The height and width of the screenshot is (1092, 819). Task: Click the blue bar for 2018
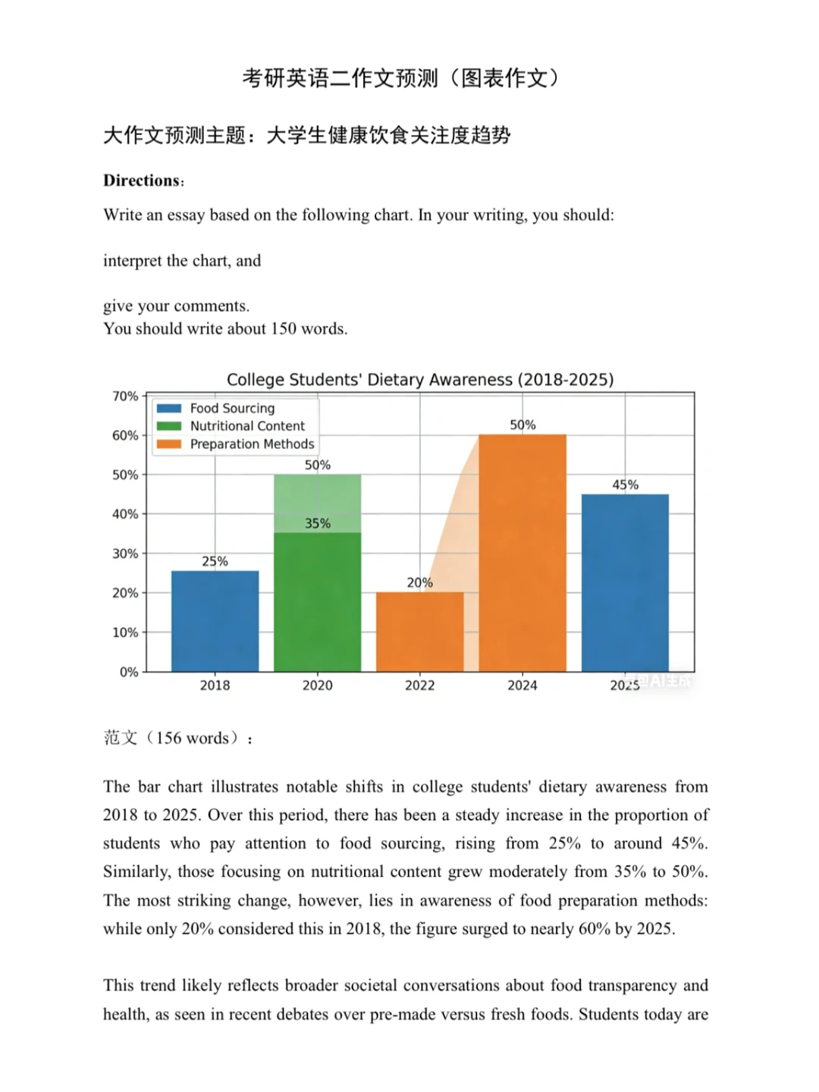(215, 621)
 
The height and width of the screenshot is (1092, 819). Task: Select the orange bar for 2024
(522, 553)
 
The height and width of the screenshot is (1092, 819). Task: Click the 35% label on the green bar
(318, 523)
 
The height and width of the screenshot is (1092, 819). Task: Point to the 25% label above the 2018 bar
(215, 561)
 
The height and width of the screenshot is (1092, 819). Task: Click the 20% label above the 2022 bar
(419, 582)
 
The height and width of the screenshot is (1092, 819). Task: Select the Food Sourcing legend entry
(232, 408)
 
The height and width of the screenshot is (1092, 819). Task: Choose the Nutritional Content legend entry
(247, 426)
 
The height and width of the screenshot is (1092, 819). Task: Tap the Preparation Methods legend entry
(252, 444)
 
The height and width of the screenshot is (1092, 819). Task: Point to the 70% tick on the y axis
(125, 396)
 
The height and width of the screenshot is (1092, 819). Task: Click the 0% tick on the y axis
(129, 672)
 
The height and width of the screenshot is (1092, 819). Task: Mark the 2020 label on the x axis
(317, 686)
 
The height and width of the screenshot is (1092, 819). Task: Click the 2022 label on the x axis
(419, 686)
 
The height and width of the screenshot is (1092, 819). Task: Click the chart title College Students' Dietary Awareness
(420, 379)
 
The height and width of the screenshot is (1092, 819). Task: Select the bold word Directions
(142, 180)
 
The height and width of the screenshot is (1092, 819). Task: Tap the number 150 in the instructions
(284, 328)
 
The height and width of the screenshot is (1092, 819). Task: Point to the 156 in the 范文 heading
(168, 738)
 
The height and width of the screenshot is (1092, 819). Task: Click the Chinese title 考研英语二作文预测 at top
(340, 77)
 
